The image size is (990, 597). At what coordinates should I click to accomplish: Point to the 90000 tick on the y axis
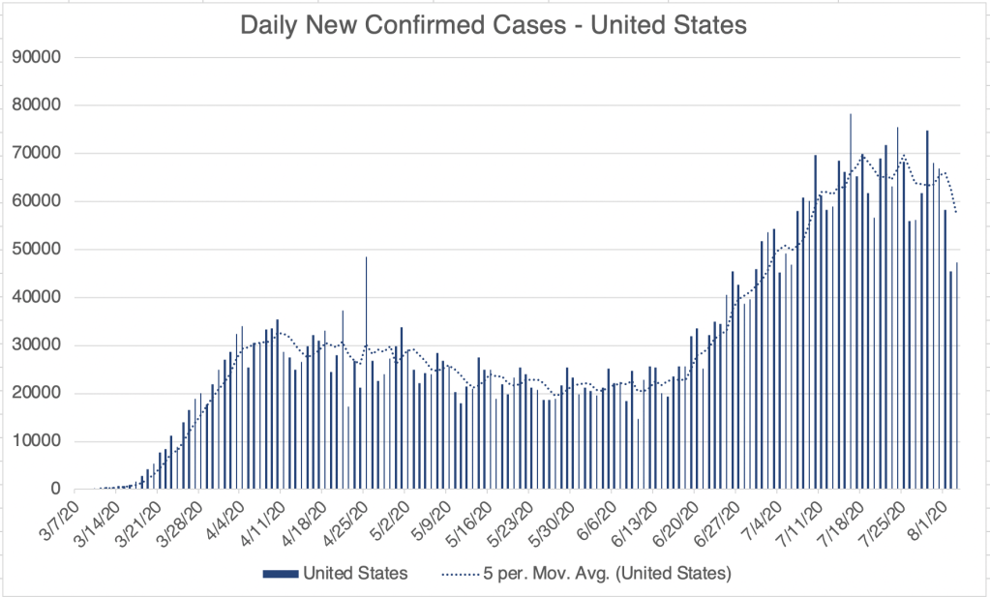pos(36,56)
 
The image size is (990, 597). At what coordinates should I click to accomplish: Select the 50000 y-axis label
pos(36,249)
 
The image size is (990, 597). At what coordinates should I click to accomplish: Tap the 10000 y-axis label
pos(36,441)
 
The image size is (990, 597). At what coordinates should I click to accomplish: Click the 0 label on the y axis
pos(55,490)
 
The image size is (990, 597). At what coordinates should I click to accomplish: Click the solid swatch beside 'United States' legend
pos(279,573)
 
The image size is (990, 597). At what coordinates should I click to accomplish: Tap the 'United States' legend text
pos(355,573)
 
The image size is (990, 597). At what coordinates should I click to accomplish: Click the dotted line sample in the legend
pos(462,573)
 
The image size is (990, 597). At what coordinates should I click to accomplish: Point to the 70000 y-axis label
pos(36,153)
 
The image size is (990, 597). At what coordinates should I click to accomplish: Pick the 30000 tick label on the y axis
pos(36,345)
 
